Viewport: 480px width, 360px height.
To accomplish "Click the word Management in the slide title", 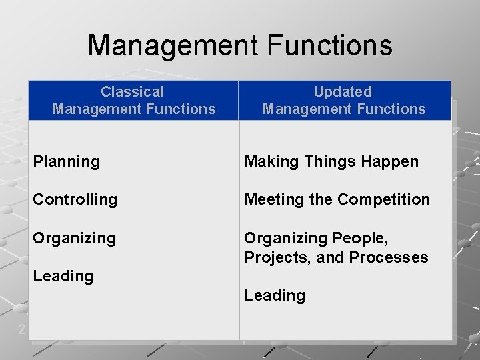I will coord(172,45).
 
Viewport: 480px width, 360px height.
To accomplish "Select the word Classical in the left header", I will coord(132,92).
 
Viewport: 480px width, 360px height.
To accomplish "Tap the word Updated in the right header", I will coord(343,92).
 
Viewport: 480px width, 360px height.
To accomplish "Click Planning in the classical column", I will coord(66,161).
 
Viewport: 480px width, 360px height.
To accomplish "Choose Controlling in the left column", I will coord(75,199).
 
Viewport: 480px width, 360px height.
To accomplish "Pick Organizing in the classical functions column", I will coord(74,238).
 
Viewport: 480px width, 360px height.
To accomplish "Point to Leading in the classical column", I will coord(63,276).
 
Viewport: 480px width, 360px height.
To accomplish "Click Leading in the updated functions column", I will coord(275,295).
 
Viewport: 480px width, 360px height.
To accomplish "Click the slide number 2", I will coord(22,329).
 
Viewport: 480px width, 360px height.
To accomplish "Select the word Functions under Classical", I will coord(181,109).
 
